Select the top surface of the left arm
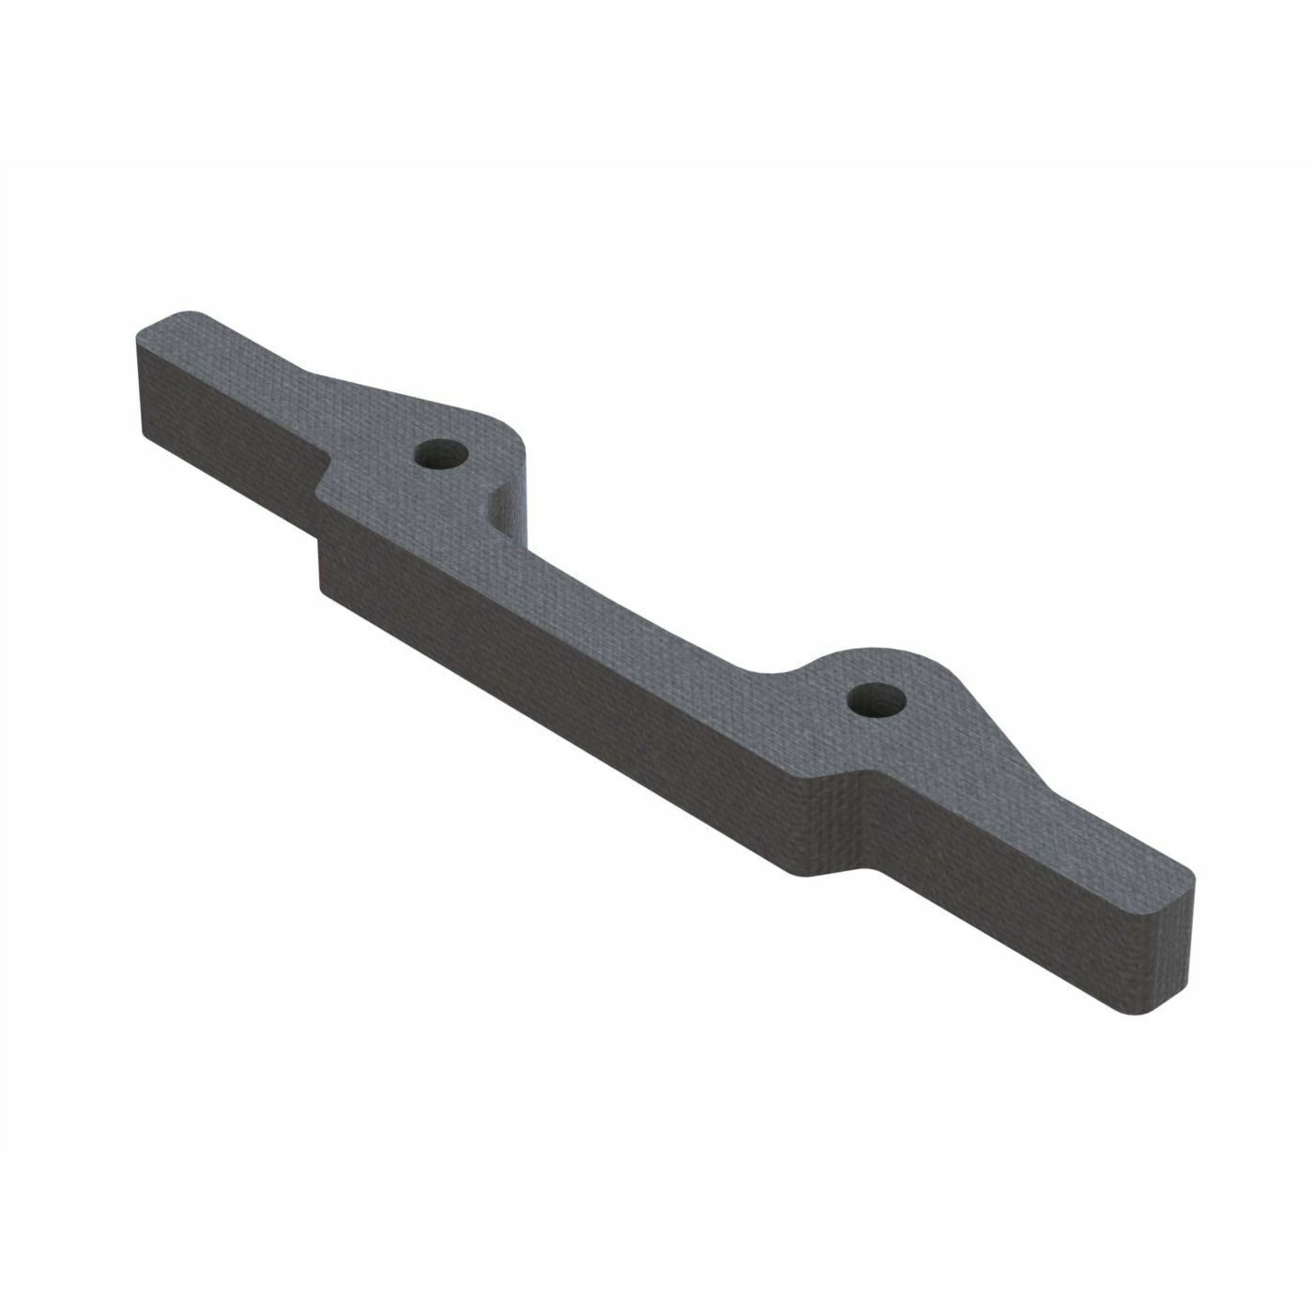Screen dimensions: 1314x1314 point(244,361)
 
